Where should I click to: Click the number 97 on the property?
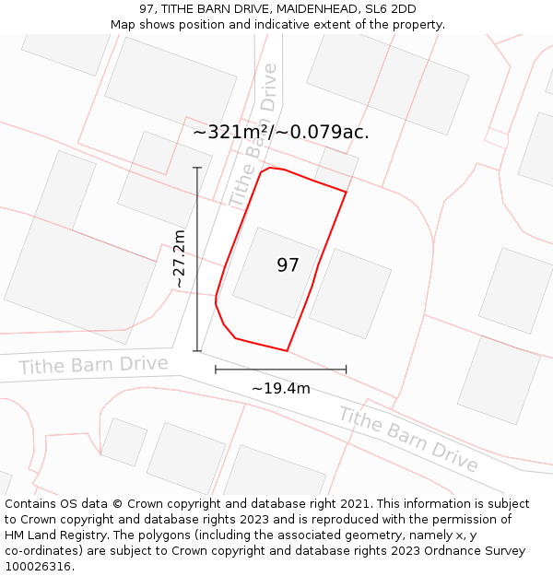click(288, 265)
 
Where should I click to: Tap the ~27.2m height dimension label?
click(180, 260)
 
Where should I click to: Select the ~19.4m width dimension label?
click(281, 388)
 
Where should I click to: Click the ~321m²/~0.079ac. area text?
click(281, 132)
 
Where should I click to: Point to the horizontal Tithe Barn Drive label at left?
click(93, 365)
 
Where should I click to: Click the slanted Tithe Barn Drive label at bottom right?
click(408, 438)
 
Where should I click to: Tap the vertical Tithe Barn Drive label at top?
click(253, 135)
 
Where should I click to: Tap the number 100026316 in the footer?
click(38, 567)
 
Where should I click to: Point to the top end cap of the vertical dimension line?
click(197, 168)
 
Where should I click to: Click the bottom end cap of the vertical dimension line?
click(197, 350)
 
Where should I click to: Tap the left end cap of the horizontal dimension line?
click(216, 370)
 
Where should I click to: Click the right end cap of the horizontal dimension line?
click(347, 370)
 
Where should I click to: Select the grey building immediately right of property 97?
click(350, 293)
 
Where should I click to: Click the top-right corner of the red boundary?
click(346, 192)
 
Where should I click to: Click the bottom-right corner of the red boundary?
click(288, 351)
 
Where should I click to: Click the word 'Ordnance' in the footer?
click(447, 551)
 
